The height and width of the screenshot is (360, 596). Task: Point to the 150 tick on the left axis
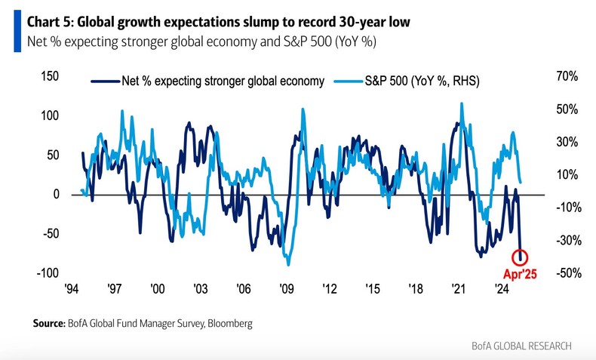pos(49,77)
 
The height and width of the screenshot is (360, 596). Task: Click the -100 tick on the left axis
pos(48,272)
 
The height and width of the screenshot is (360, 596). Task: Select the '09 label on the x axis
pos(286,288)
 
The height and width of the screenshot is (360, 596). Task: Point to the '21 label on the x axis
pos(457,288)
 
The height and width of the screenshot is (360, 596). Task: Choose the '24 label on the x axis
pos(500,288)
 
